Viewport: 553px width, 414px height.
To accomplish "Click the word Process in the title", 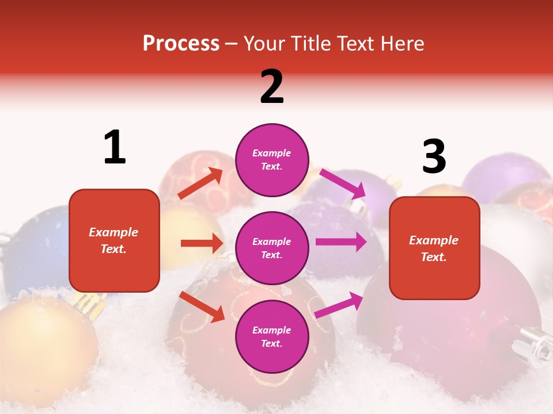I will point(181,43).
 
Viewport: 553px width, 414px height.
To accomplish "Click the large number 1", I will point(115,147).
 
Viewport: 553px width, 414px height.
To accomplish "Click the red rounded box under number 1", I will point(114,240).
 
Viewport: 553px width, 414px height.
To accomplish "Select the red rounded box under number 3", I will point(434,248).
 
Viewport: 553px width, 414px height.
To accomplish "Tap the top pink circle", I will point(272,159).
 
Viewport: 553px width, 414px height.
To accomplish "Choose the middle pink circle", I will point(272,248).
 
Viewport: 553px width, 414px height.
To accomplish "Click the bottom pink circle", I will point(272,336).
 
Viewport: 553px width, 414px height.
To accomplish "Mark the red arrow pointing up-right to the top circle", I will point(200,183).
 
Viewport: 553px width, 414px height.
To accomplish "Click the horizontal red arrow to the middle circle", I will point(202,243).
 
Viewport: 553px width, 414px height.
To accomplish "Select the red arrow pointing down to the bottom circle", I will point(202,306).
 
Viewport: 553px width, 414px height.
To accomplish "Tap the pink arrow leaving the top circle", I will point(342,183).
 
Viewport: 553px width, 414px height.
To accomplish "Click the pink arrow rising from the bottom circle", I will point(339,305).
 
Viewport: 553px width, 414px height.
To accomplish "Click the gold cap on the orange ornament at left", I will point(91,302).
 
